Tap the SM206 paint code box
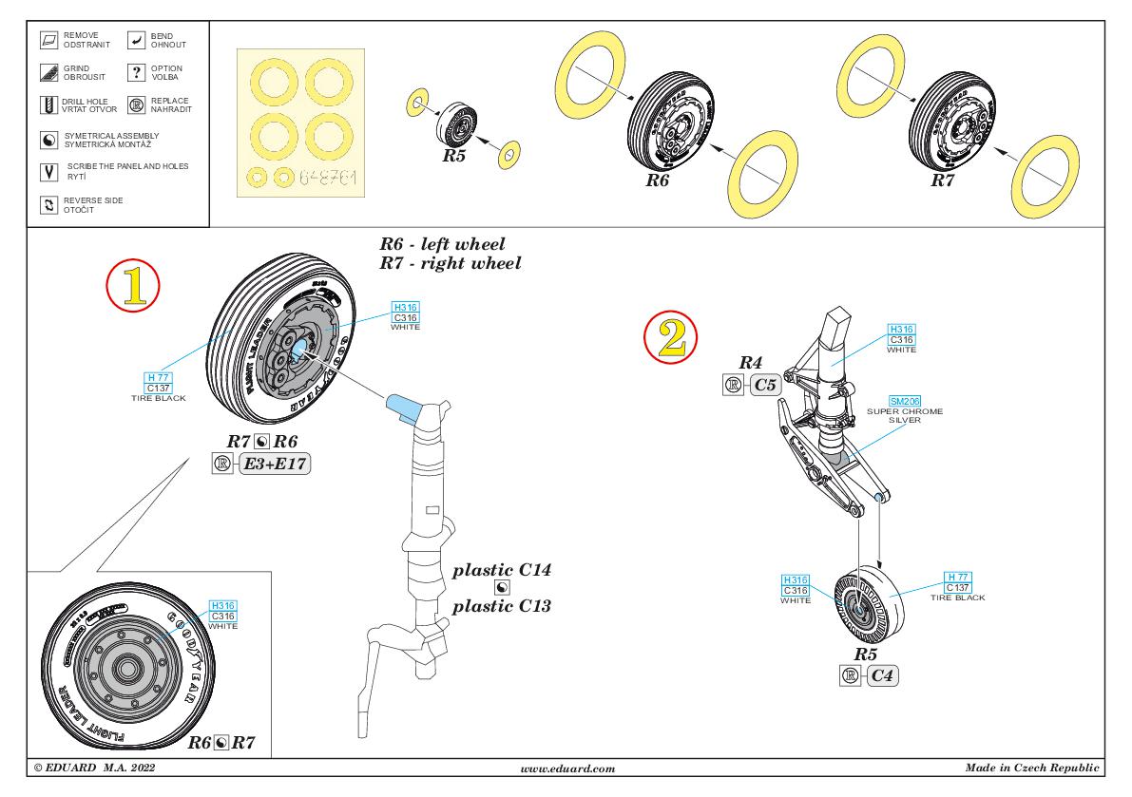906,401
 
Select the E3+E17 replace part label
276,465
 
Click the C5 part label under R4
766,385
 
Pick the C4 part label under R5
882,675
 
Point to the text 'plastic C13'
502,606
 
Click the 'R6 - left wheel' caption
442,244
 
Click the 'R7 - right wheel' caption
450,263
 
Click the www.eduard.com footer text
569,767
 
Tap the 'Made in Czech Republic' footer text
1032,767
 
